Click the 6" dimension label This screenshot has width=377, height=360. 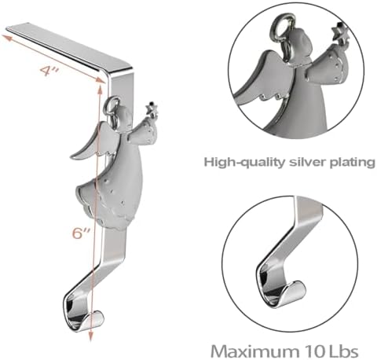[81, 233]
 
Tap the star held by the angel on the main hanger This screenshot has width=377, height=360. [151, 108]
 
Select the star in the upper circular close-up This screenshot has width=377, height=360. [339, 31]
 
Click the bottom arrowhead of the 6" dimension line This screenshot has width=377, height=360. [90, 336]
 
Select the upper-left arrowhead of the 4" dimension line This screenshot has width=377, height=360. [7, 38]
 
